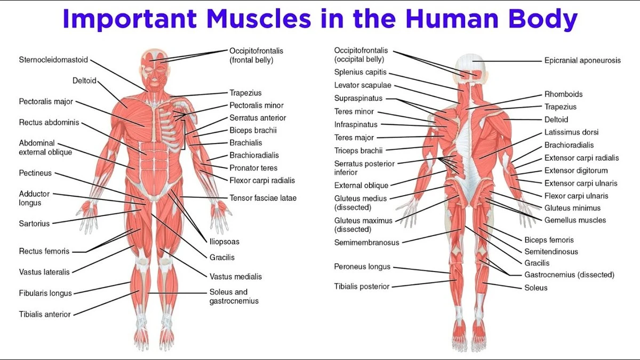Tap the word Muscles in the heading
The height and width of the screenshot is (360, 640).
coord(259,18)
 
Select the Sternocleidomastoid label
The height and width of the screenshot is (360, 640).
coord(53,60)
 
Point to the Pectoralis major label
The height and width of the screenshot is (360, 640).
coord(46,102)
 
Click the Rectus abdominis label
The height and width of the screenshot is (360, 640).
coord(49,122)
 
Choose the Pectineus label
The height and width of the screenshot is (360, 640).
coord(35,173)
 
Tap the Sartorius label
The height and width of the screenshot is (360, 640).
coord(34,223)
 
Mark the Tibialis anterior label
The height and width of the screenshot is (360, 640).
coord(45,314)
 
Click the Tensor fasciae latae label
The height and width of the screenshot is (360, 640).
coord(263,198)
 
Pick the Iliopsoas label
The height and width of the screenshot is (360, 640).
coord(225,242)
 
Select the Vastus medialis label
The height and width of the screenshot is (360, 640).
coord(236,277)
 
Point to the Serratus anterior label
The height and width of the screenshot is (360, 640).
coord(258,118)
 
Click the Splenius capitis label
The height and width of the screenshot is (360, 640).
coord(361,73)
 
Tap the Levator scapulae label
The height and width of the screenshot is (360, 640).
coord(363,85)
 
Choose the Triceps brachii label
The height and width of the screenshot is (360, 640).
coord(358,150)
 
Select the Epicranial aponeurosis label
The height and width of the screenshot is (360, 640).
coord(582,61)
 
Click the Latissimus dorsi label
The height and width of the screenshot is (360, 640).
coord(571,132)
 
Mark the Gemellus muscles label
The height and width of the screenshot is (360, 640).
coord(575,220)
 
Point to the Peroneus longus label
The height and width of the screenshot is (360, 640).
coord(362,267)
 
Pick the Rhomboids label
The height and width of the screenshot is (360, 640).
coord(563,94)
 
